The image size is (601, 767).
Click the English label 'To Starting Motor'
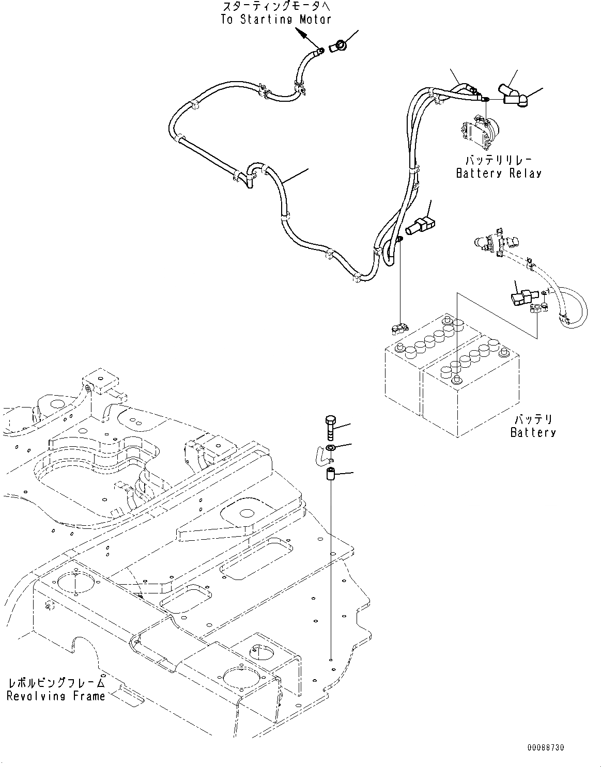[275, 20]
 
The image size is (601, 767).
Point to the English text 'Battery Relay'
[499, 173]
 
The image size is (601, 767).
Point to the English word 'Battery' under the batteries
[533, 432]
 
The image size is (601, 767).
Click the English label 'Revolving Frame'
[56, 696]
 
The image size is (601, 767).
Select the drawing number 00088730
[546, 747]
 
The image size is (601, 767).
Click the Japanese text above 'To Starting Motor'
[275, 7]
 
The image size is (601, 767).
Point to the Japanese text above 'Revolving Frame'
[56, 683]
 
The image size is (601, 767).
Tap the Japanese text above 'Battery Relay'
[499, 160]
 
